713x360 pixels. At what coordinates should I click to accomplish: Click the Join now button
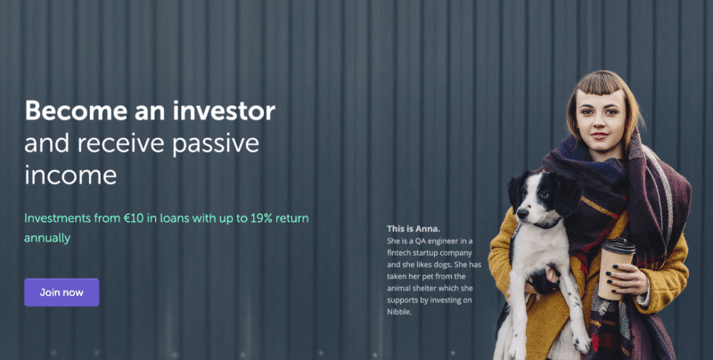click(61, 292)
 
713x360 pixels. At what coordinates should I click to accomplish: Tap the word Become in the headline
click(76, 110)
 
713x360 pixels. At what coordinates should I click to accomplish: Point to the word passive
click(216, 144)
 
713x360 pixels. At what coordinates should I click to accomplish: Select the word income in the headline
click(70, 175)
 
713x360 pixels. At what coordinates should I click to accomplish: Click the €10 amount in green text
click(134, 218)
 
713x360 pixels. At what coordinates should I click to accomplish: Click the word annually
click(47, 238)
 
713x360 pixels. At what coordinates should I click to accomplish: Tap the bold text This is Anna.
click(414, 229)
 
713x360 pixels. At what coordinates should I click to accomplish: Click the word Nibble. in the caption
click(399, 312)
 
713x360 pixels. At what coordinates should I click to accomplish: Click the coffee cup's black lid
click(619, 246)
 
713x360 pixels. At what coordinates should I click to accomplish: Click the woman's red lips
click(600, 135)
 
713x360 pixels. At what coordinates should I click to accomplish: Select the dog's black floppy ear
click(567, 194)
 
